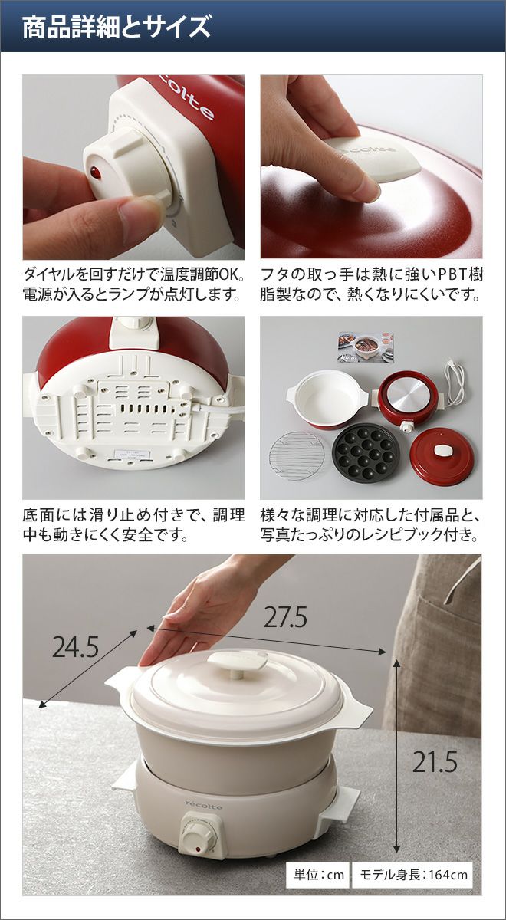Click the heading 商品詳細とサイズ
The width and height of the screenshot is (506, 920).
pyautogui.click(x=117, y=27)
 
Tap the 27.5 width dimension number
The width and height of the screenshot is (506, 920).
pyautogui.click(x=285, y=617)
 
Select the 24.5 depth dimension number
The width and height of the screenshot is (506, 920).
pyautogui.click(x=76, y=648)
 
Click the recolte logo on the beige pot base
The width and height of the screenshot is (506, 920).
pyautogui.click(x=203, y=795)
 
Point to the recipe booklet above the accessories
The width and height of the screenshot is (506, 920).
pyautogui.click(x=366, y=347)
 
